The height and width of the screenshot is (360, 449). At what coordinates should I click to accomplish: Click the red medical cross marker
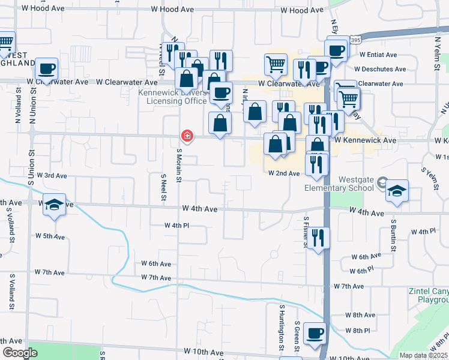pyautogui.click(x=187, y=137)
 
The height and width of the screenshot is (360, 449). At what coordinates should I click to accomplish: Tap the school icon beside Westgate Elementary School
pyautogui.click(x=397, y=191)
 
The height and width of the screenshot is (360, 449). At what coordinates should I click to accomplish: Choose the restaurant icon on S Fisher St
pyautogui.click(x=318, y=238)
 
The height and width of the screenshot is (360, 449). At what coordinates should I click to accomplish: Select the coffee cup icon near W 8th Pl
pyautogui.click(x=315, y=333)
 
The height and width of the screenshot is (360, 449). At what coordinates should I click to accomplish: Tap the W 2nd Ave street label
pyautogui.click(x=283, y=173)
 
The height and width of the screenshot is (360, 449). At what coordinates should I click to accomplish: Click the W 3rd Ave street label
pyautogui.click(x=52, y=176)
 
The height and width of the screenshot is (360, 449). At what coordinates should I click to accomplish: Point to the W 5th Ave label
pyautogui.click(x=50, y=236)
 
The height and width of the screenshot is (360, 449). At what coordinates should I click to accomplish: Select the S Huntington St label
pyautogui.click(x=281, y=328)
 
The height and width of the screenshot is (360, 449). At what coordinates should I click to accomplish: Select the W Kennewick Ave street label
pyautogui.click(x=366, y=140)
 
